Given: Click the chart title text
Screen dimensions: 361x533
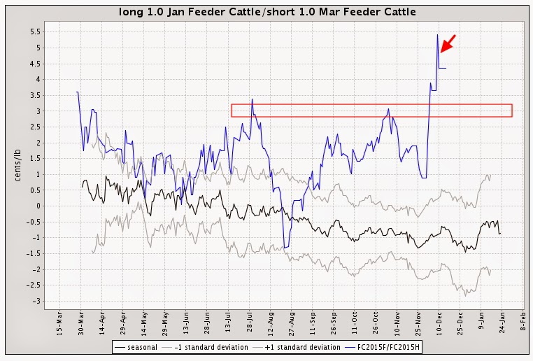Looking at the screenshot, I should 266,12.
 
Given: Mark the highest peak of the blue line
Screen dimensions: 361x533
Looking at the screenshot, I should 437,34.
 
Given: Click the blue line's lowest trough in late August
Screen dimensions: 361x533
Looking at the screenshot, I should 285,248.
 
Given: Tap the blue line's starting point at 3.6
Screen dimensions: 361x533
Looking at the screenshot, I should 77,92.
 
